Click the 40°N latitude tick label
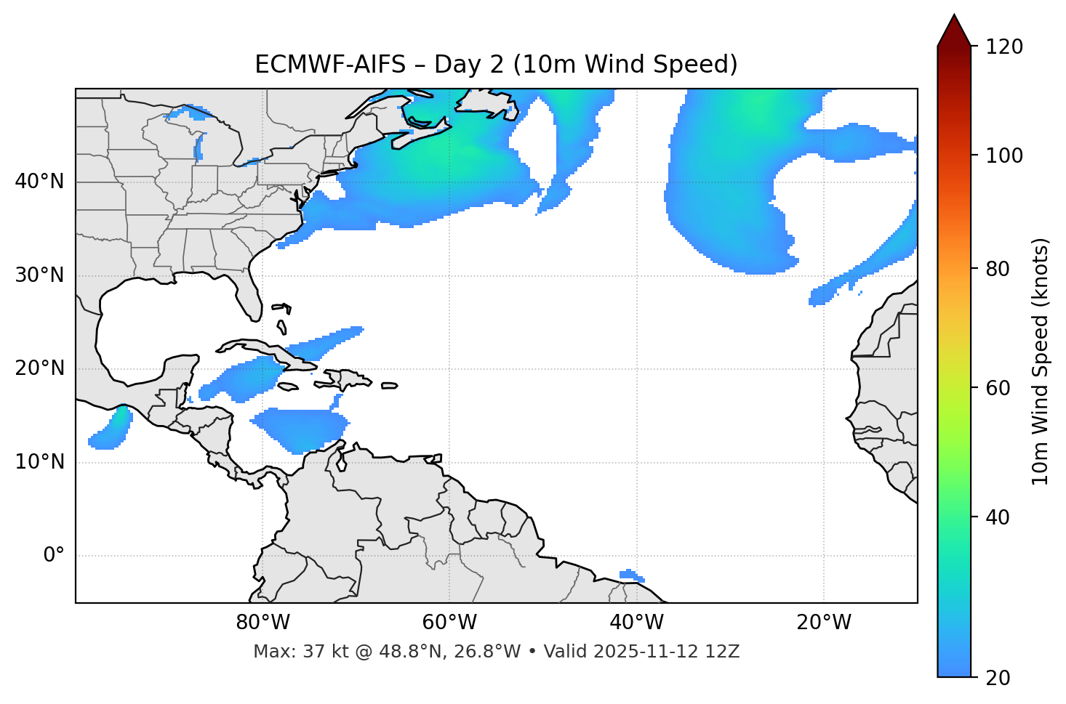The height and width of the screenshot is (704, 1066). click(x=39, y=182)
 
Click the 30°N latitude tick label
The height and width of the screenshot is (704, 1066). click(x=39, y=275)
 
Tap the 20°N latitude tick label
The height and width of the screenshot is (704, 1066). click(x=39, y=368)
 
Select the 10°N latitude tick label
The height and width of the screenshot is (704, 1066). click(x=39, y=462)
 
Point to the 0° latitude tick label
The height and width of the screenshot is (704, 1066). click(x=54, y=556)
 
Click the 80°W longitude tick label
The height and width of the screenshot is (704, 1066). click(x=263, y=623)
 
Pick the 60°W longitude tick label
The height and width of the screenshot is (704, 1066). click(x=449, y=623)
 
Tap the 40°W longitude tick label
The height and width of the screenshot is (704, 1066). click(x=636, y=623)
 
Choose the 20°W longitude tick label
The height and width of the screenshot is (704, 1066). click(x=824, y=623)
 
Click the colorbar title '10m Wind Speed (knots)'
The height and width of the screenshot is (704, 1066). click(x=1041, y=361)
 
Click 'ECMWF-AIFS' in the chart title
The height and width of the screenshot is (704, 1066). click(x=330, y=65)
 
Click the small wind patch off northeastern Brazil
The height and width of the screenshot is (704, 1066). click(x=631, y=575)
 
